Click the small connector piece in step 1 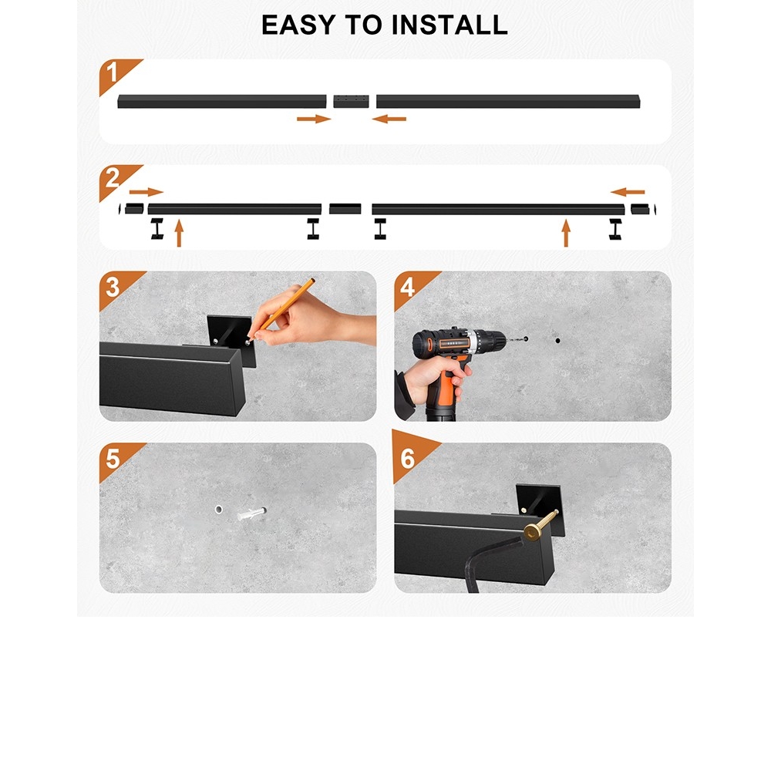coord(351,101)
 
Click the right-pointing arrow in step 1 coord(314,119)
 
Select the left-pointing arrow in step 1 coord(389,119)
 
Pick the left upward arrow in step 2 coord(179,233)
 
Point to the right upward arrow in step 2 coord(566,233)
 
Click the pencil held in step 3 coord(281,310)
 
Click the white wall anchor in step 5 coord(251,514)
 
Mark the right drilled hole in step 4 coord(557,340)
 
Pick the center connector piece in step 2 coord(345,209)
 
